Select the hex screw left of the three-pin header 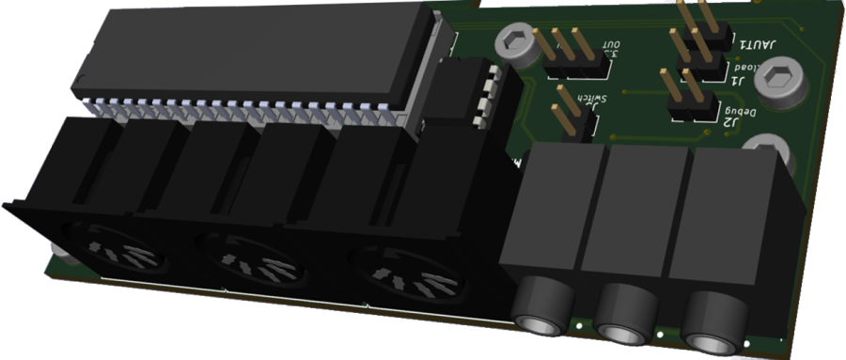tap(513, 41)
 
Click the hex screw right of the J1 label tap(780, 79)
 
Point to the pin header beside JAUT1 tap(700, 28)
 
